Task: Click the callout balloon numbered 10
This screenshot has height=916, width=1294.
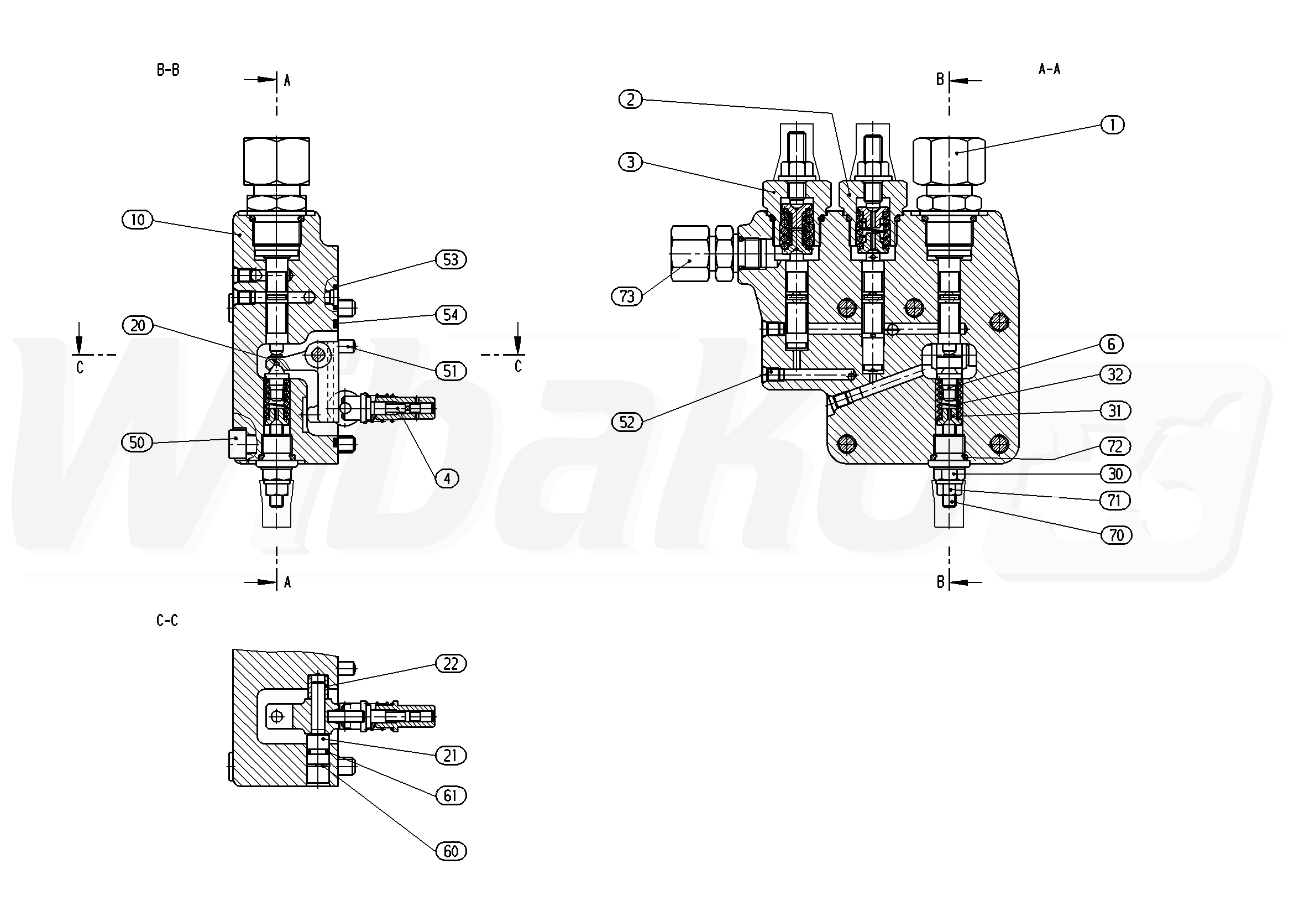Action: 138,220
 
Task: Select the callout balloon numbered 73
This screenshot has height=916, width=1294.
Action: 627,296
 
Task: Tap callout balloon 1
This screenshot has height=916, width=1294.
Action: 1113,124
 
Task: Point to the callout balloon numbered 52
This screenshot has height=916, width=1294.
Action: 627,422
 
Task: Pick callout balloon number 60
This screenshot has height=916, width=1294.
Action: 451,851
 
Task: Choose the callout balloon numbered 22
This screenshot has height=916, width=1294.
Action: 451,664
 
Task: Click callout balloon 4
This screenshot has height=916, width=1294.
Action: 448,479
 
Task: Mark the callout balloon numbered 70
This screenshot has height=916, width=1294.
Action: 1117,535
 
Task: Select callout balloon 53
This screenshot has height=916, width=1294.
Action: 451,259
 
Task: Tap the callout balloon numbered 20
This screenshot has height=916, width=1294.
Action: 138,325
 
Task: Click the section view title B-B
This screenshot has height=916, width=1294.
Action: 168,70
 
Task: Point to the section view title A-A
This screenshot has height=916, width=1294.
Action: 1049,69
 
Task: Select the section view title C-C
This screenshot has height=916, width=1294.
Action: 167,621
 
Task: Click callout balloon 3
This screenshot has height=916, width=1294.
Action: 630,163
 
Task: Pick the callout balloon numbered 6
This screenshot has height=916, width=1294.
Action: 1111,344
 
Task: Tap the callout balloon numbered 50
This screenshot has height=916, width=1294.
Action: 137,442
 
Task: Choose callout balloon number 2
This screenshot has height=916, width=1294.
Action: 630,99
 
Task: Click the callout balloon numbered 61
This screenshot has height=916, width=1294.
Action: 451,795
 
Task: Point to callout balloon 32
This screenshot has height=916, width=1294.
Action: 1115,374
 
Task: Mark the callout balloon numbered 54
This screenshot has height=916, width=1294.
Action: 451,315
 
